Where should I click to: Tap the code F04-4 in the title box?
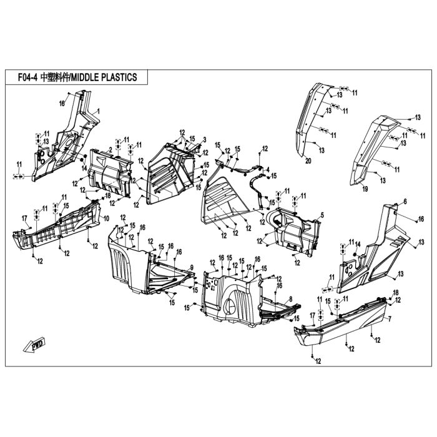point(27,77)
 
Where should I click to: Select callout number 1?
point(98,112)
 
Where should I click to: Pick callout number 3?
point(205,139)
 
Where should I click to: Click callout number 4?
point(268,169)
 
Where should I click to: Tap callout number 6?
point(405,202)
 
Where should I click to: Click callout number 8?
point(291,299)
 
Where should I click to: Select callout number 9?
point(192,268)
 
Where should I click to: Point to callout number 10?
point(106,218)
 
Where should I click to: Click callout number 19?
point(365,189)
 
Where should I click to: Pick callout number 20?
point(308,161)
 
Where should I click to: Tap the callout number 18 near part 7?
point(395,292)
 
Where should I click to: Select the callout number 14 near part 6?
point(358,245)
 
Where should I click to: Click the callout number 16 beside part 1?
point(62,104)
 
